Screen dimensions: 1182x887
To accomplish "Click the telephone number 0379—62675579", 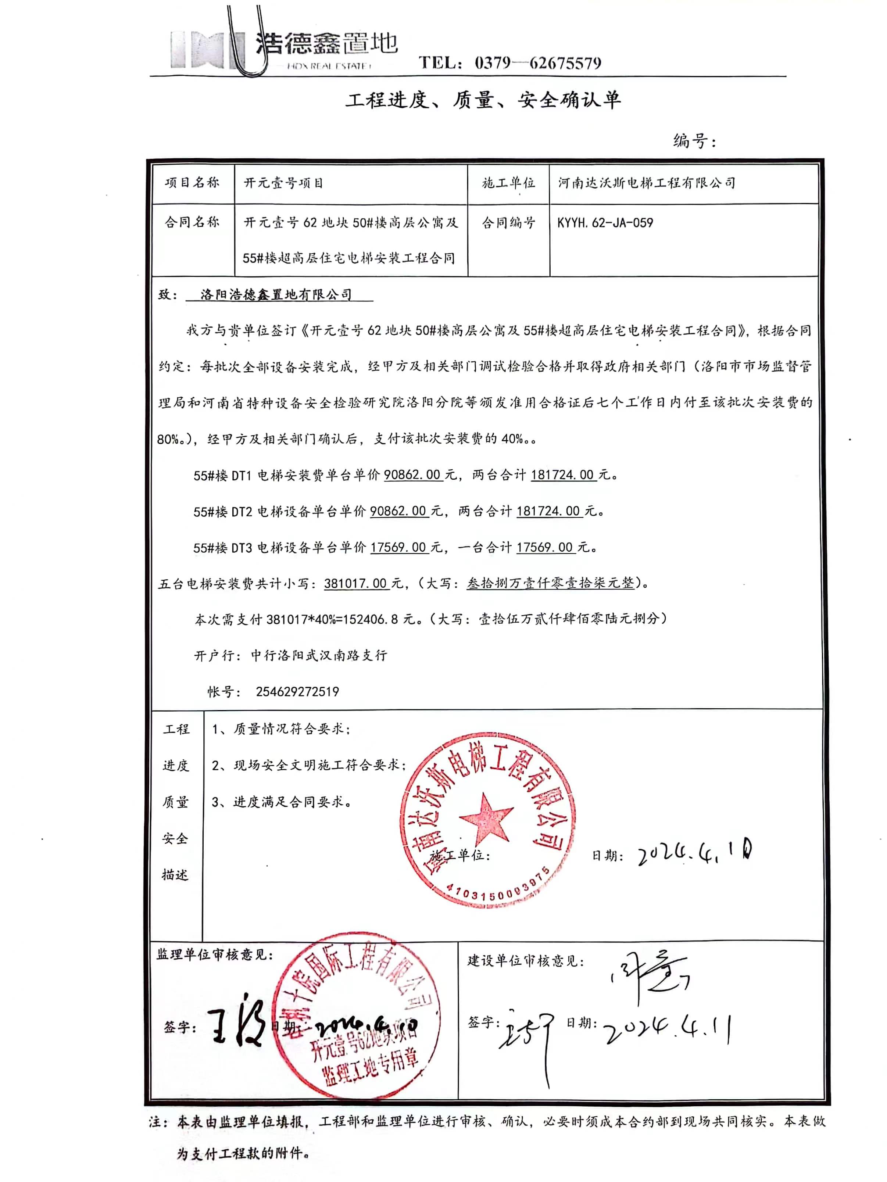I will click(537, 64).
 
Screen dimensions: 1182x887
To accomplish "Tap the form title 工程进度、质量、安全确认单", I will click(483, 100).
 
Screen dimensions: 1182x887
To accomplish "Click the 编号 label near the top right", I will click(693, 141).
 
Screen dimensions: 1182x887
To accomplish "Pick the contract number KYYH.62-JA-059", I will click(605, 223).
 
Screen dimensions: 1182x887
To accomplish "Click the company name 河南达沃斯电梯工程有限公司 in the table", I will click(647, 183).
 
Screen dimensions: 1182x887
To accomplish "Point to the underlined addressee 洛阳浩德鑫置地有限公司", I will click(276, 295).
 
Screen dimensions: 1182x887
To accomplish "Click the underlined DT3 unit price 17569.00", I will click(398, 547).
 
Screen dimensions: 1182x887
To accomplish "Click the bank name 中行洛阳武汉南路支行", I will click(319, 656).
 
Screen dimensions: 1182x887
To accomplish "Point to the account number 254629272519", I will click(297, 692).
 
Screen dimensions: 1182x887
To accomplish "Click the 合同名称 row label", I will click(192, 223).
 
